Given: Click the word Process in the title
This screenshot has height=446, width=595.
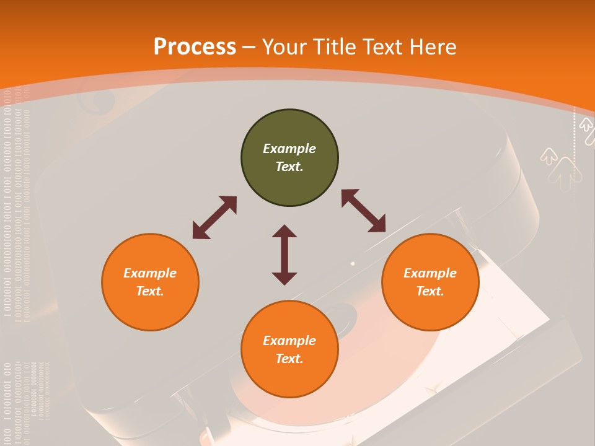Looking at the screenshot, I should (x=195, y=47).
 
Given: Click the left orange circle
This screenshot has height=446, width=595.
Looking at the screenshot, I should (x=150, y=282).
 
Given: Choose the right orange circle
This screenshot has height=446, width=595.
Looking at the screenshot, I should (x=430, y=282).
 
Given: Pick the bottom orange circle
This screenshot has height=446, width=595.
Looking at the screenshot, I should (x=289, y=349).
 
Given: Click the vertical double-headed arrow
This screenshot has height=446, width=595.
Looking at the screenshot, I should (x=284, y=255).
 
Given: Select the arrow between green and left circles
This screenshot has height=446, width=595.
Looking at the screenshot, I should (x=214, y=217).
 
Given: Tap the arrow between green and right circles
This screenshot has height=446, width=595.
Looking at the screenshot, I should (x=363, y=211).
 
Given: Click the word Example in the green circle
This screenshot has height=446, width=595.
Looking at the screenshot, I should (x=289, y=149).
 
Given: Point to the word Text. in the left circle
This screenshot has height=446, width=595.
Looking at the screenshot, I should (x=150, y=291).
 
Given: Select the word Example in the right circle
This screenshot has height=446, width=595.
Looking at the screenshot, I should (x=430, y=273).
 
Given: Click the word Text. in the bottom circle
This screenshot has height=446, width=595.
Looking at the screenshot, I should (x=289, y=359).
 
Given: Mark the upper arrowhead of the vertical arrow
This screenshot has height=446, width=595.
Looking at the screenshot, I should (x=284, y=232).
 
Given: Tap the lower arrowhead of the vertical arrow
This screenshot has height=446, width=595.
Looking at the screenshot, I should (x=284, y=278).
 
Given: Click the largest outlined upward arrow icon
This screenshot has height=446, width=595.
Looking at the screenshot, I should (x=563, y=173).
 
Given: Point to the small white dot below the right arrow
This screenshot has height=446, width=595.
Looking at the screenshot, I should (x=353, y=263).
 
